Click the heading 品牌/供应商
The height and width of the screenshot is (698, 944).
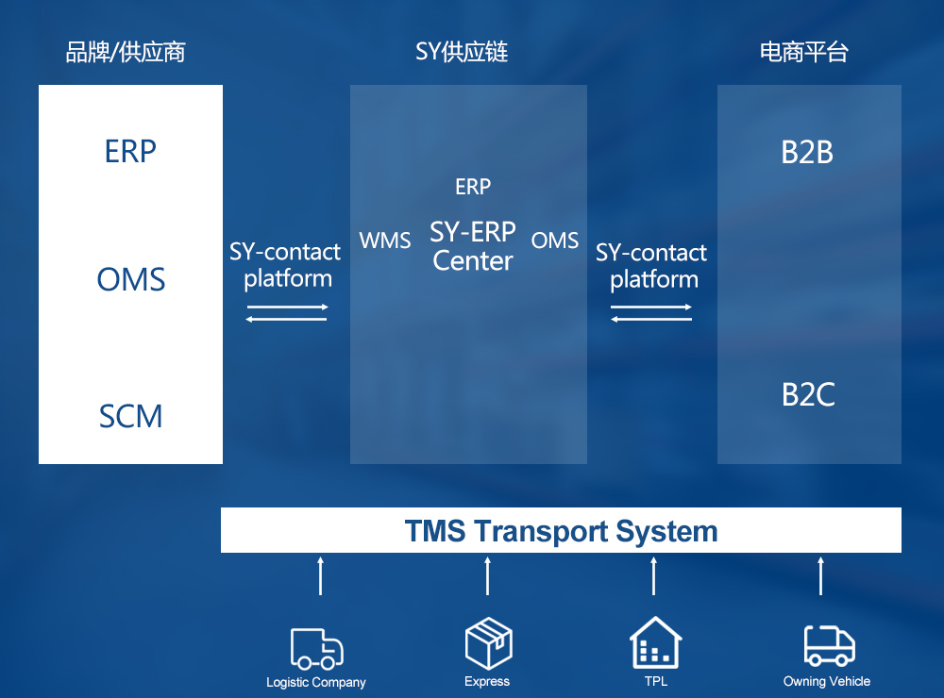126,53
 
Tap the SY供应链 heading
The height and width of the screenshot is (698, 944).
462,53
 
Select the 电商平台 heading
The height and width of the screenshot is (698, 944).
803,53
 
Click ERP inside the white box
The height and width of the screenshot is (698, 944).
130,151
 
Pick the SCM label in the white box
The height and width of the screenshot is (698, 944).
130,416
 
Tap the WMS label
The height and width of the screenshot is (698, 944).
385,241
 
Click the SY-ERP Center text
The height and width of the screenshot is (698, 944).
473,246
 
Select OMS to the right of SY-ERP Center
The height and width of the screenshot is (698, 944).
554,241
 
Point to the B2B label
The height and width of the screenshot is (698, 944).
807,152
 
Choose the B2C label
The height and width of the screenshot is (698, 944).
808,395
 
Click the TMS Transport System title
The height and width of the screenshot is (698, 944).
561,531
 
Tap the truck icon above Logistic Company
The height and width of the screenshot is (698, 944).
316,649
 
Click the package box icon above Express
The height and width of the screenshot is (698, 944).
488,642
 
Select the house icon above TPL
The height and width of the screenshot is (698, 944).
656,642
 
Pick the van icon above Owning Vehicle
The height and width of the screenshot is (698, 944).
830,645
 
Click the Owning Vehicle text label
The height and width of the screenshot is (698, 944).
827,681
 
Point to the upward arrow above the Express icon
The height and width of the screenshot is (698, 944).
488,576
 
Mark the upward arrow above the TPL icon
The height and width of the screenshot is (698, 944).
654,576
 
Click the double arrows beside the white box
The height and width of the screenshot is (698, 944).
287,313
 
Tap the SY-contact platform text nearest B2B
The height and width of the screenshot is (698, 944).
651,266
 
